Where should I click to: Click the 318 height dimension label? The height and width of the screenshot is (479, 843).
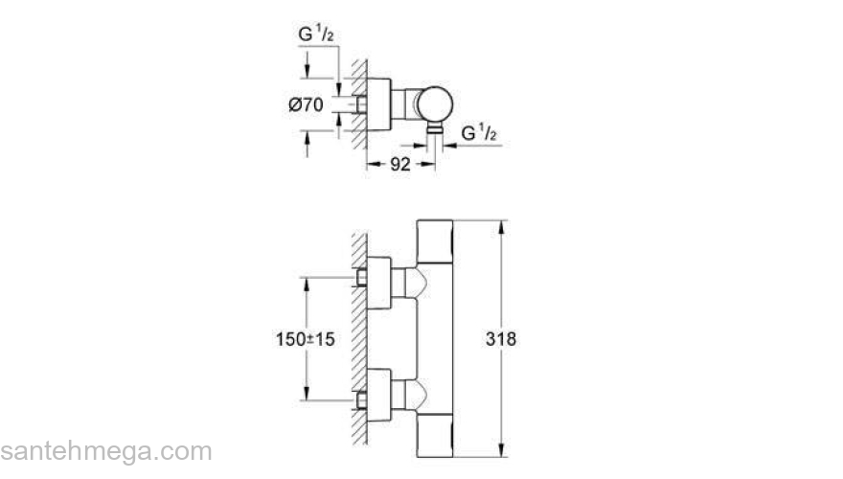[x=500, y=339]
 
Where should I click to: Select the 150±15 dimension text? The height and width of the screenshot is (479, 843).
[x=306, y=339]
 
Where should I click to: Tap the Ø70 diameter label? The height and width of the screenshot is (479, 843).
[x=306, y=104]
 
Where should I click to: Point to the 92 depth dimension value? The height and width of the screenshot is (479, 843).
[x=400, y=165]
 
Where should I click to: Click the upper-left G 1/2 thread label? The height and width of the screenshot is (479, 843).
[x=316, y=34]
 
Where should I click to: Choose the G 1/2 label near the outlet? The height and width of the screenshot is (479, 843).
[x=479, y=132]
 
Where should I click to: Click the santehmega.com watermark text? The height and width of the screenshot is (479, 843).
[x=106, y=451]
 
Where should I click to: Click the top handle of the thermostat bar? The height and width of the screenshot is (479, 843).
[x=435, y=241]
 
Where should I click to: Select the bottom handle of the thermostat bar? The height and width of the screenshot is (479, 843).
[x=435, y=436]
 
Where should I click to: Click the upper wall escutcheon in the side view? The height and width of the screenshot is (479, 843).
[x=379, y=284]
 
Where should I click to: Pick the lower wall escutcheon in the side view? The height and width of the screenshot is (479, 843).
[x=379, y=395]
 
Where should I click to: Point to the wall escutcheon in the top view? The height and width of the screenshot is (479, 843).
[x=379, y=104]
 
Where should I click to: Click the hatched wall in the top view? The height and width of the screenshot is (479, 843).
[x=359, y=104]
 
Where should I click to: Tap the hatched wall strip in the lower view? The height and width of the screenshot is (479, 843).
[x=359, y=339]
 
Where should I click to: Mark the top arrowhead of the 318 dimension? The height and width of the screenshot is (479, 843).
[x=501, y=227]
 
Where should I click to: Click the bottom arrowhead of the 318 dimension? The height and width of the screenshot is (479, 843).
[x=501, y=450]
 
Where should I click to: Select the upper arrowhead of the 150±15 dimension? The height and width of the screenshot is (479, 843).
[x=307, y=285]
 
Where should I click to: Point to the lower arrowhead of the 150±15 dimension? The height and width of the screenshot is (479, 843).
[x=307, y=393]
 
